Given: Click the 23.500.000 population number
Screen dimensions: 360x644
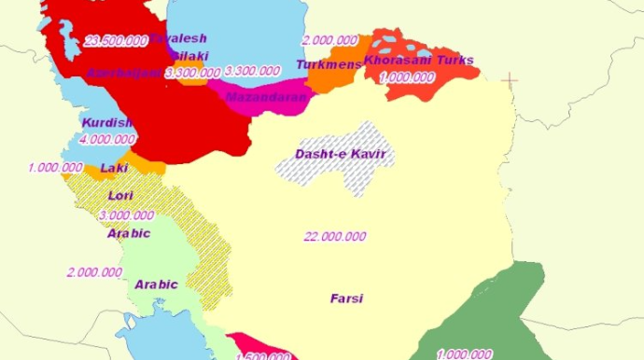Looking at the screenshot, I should [116, 41].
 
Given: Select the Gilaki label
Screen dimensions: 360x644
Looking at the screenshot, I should [189, 56].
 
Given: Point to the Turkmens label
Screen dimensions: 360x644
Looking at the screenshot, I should [329, 64].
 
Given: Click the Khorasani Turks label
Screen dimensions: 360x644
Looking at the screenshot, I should [419, 61].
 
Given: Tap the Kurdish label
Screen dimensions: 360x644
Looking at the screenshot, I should [107, 123].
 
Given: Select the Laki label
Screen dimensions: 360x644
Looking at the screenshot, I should [114, 169].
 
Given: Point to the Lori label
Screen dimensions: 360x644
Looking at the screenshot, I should [121, 196].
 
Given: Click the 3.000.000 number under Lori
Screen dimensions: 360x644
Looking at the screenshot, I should [127, 215].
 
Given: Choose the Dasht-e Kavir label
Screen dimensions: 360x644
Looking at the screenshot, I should [340, 154].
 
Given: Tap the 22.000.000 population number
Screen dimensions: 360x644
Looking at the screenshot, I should [334, 237].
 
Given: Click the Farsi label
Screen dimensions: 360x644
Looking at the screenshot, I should [346, 299].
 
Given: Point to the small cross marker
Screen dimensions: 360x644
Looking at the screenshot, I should [510, 80].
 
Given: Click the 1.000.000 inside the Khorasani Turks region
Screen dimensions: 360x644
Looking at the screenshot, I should [408, 78].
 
